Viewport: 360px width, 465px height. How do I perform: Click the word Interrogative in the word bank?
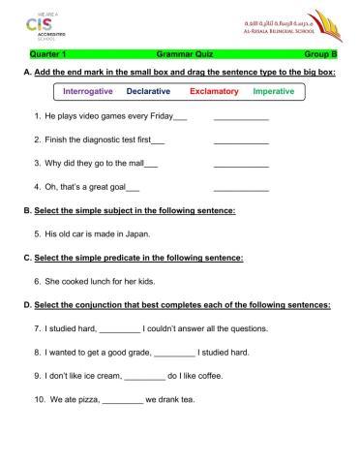88,91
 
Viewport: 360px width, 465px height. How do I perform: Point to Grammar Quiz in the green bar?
181,55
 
